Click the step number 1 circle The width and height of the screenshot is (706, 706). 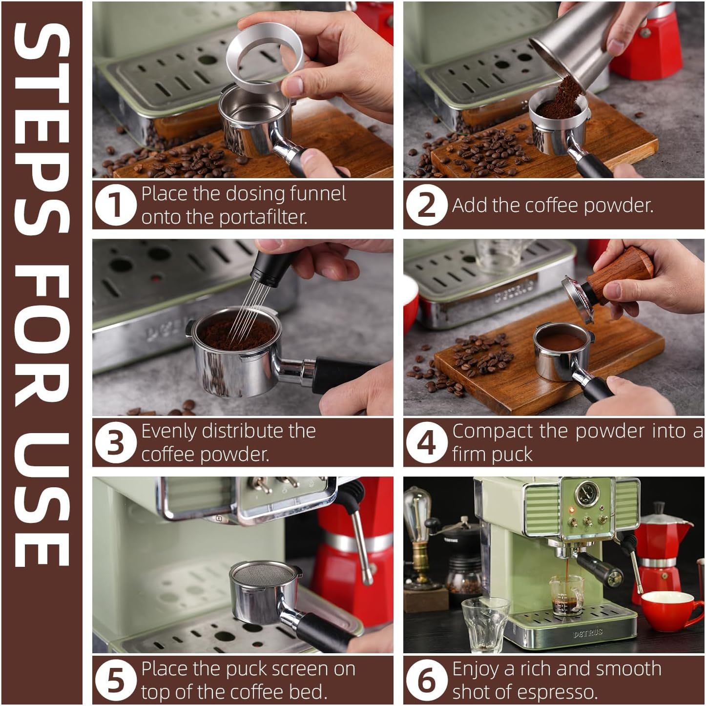pos(115,205)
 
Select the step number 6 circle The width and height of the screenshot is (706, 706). pos(426,680)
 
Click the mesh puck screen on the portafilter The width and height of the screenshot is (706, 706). pos(263,574)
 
